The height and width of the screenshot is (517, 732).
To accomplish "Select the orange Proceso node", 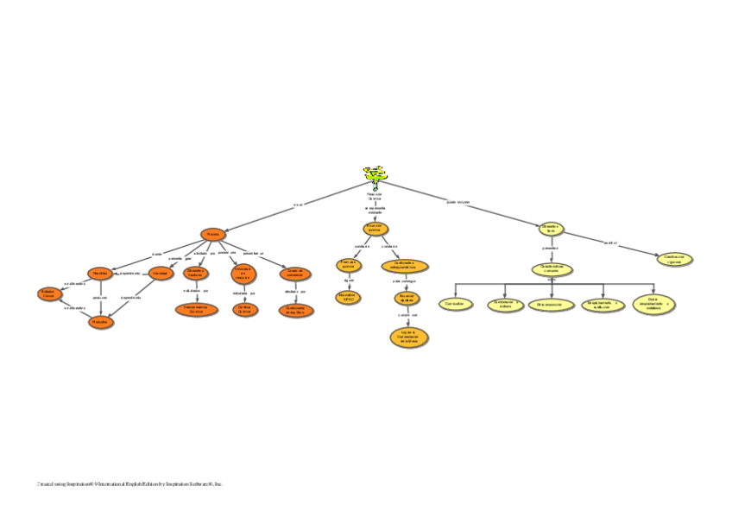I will click(x=212, y=235).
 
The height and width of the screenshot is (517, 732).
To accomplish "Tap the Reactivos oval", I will click(x=100, y=273).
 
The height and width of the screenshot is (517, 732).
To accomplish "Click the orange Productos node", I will click(x=100, y=321).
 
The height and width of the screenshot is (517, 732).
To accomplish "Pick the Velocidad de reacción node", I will click(x=242, y=274).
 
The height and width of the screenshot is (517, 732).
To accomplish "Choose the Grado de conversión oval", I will click(x=295, y=274).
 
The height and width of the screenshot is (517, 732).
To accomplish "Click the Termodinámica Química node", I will click(x=196, y=309).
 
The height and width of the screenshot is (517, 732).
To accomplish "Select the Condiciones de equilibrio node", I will click(x=295, y=309).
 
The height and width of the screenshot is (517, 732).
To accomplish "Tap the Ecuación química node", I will click(x=375, y=229).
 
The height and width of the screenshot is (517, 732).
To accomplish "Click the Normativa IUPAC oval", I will click(x=348, y=297).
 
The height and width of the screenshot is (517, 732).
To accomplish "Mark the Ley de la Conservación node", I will click(x=409, y=337).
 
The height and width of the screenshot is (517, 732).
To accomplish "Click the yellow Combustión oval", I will click(x=454, y=305).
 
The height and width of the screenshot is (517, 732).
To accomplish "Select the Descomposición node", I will click(x=551, y=305).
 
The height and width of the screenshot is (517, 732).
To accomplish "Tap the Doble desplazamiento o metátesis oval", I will click(x=654, y=304).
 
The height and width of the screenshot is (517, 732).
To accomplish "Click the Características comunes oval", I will click(x=551, y=269).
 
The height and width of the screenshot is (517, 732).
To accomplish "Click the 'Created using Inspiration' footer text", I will click(x=129, y=484).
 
